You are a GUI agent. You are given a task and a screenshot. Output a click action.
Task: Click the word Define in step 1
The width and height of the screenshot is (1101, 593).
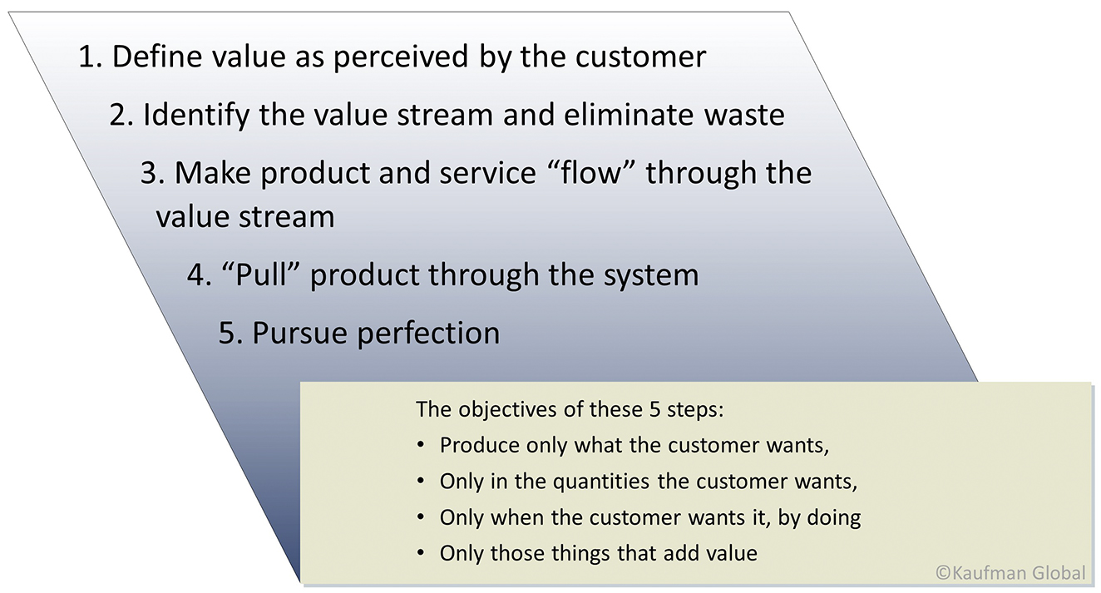(157, 56)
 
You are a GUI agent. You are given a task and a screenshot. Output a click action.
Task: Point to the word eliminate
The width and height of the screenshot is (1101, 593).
(628, 114)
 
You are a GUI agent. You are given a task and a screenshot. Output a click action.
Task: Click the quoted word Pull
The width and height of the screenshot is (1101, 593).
(260, 274)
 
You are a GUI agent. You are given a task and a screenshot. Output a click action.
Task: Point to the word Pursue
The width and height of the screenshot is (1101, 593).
(299, 333)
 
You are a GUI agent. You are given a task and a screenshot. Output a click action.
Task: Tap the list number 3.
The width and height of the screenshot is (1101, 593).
(152, 173)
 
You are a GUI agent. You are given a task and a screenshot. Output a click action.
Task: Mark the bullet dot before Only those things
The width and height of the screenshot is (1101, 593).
(420, 553)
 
